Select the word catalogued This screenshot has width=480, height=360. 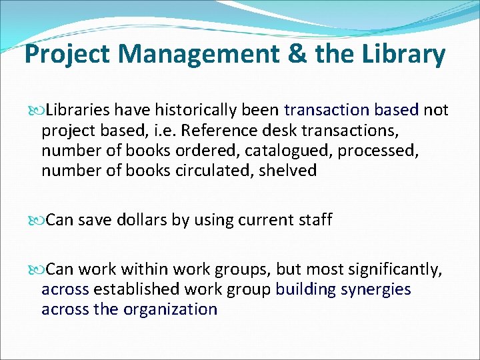(286, 150)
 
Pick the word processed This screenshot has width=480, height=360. (378, 150)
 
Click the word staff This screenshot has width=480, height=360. (313, 219)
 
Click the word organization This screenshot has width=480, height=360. (171, 309)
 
